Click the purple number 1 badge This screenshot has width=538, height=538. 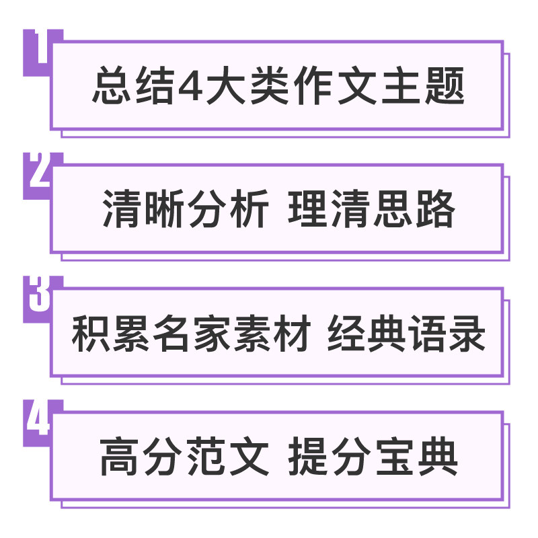pos(38,52)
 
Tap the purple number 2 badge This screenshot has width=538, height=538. pos(38,175)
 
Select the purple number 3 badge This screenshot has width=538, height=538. pos(38,299)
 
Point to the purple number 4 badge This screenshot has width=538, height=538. pos(38,422)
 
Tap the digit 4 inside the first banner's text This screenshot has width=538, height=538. pos(190,86)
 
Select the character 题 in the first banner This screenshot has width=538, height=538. pos(445,85)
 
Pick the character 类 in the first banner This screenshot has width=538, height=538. pos(270,85)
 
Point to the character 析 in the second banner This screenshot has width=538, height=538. pos(249,208)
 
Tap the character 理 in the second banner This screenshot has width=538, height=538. pos(308,208)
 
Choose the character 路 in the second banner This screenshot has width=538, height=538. pos(436,208)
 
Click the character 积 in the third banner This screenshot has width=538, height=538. pos(91,333)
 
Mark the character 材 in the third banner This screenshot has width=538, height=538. pos(292,333)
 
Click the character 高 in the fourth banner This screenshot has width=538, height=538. pos(119,457)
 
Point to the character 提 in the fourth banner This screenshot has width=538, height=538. pos(308,457)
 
